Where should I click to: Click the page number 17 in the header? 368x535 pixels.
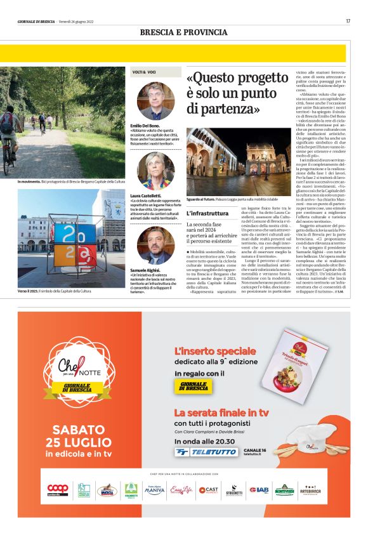click(x=348, y=22)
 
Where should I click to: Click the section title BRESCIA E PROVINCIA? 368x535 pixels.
click(x=183, y=32)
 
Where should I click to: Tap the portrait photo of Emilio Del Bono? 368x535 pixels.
click(x=155, y=102)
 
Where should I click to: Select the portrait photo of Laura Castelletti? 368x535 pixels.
click(x=155, y=171)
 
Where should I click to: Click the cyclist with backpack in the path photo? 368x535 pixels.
click(x=8, y=136)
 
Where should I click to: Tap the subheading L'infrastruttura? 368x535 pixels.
click(x=207, y=213)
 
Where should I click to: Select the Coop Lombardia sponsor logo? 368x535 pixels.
click(x=58, y=489)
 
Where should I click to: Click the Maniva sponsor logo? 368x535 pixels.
click(x=154, y=489)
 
